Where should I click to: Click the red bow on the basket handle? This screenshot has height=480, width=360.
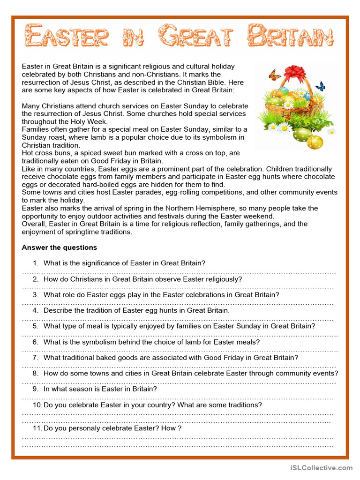[x=294, y=73]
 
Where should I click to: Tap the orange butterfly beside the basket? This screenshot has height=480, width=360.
[x=275, y=75]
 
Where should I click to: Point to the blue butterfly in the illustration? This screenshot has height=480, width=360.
[x=321, y=86]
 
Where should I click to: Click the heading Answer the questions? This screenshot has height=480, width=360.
[x=60, y=247]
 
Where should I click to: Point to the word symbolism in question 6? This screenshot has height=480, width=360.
[x=108, y=342]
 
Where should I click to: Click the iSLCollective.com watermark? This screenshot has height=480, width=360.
[x=321, y=467]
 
